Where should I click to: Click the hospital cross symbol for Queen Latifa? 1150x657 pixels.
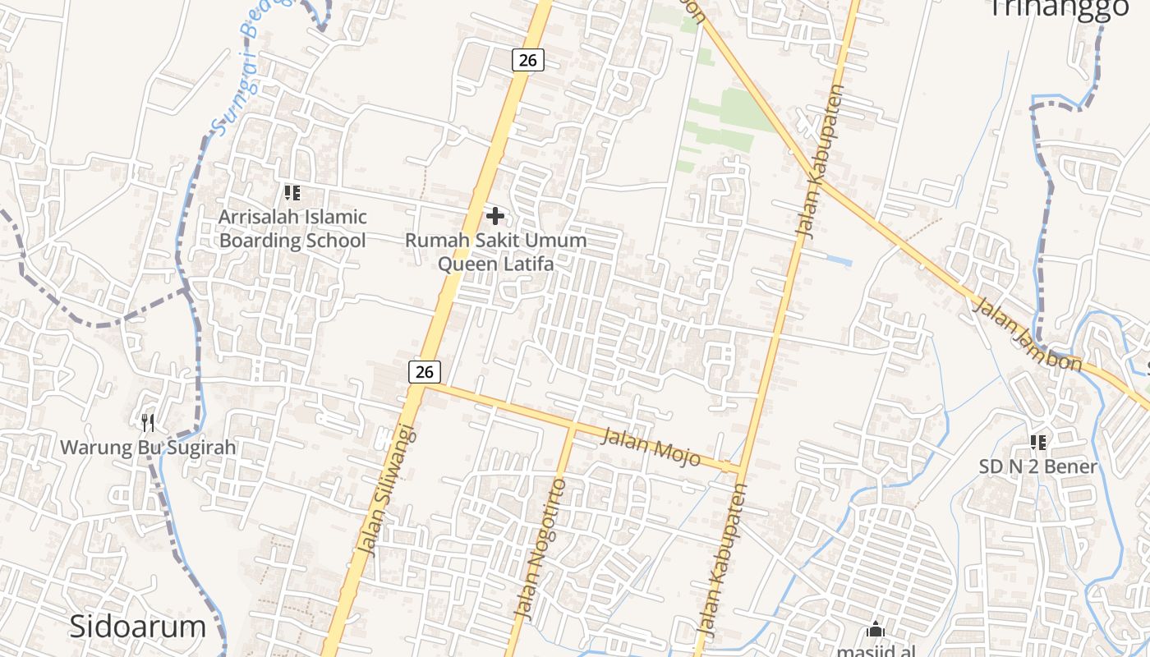495,216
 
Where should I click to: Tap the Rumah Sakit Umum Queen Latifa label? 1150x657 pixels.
495,252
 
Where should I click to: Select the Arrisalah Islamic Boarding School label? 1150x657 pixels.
292,229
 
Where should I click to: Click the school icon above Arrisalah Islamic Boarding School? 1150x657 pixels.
292,193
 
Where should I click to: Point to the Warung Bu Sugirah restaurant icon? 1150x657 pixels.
148,423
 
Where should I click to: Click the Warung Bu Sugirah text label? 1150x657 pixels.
148,448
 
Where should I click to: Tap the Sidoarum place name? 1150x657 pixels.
137,627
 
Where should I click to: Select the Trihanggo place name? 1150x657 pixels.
1059,8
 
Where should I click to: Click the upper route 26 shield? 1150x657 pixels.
528,60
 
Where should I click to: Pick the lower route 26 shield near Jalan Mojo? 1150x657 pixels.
424,371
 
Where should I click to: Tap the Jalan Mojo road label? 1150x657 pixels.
651,447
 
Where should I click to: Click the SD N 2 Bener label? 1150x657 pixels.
1037,466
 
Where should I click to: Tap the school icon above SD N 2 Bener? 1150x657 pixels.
1037,443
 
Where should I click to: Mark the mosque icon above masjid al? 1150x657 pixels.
876,630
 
